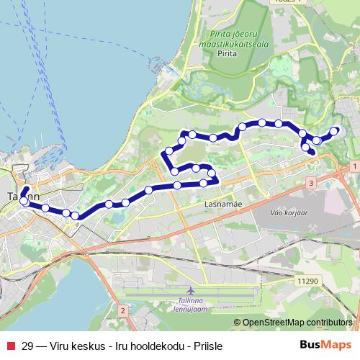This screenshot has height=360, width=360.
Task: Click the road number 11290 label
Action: pos(307,281)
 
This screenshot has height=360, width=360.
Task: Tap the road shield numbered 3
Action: pos(310,184)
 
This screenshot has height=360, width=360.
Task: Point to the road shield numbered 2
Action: pos(123,310)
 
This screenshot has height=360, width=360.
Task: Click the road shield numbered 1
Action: pos(355,167)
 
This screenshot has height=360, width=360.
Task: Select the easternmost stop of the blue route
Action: pos(334,130)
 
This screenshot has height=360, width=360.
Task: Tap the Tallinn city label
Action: pos(22,196)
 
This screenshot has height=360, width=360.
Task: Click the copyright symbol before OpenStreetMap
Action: pos(237,323)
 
